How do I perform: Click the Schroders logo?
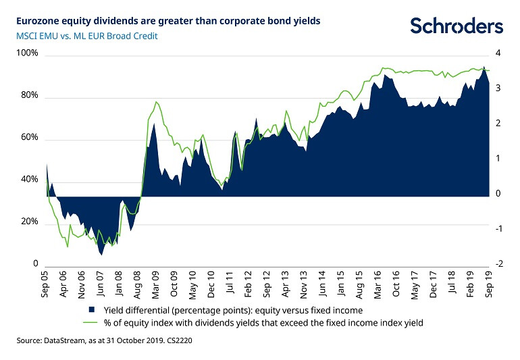coord(457,26)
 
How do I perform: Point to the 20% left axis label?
coord(30,222)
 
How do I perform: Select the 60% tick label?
coord(30,138)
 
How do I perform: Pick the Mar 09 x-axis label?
coord(155,285)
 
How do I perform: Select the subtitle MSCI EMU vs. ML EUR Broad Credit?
coord(87,35)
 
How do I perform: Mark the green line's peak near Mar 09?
coord(156,102)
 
